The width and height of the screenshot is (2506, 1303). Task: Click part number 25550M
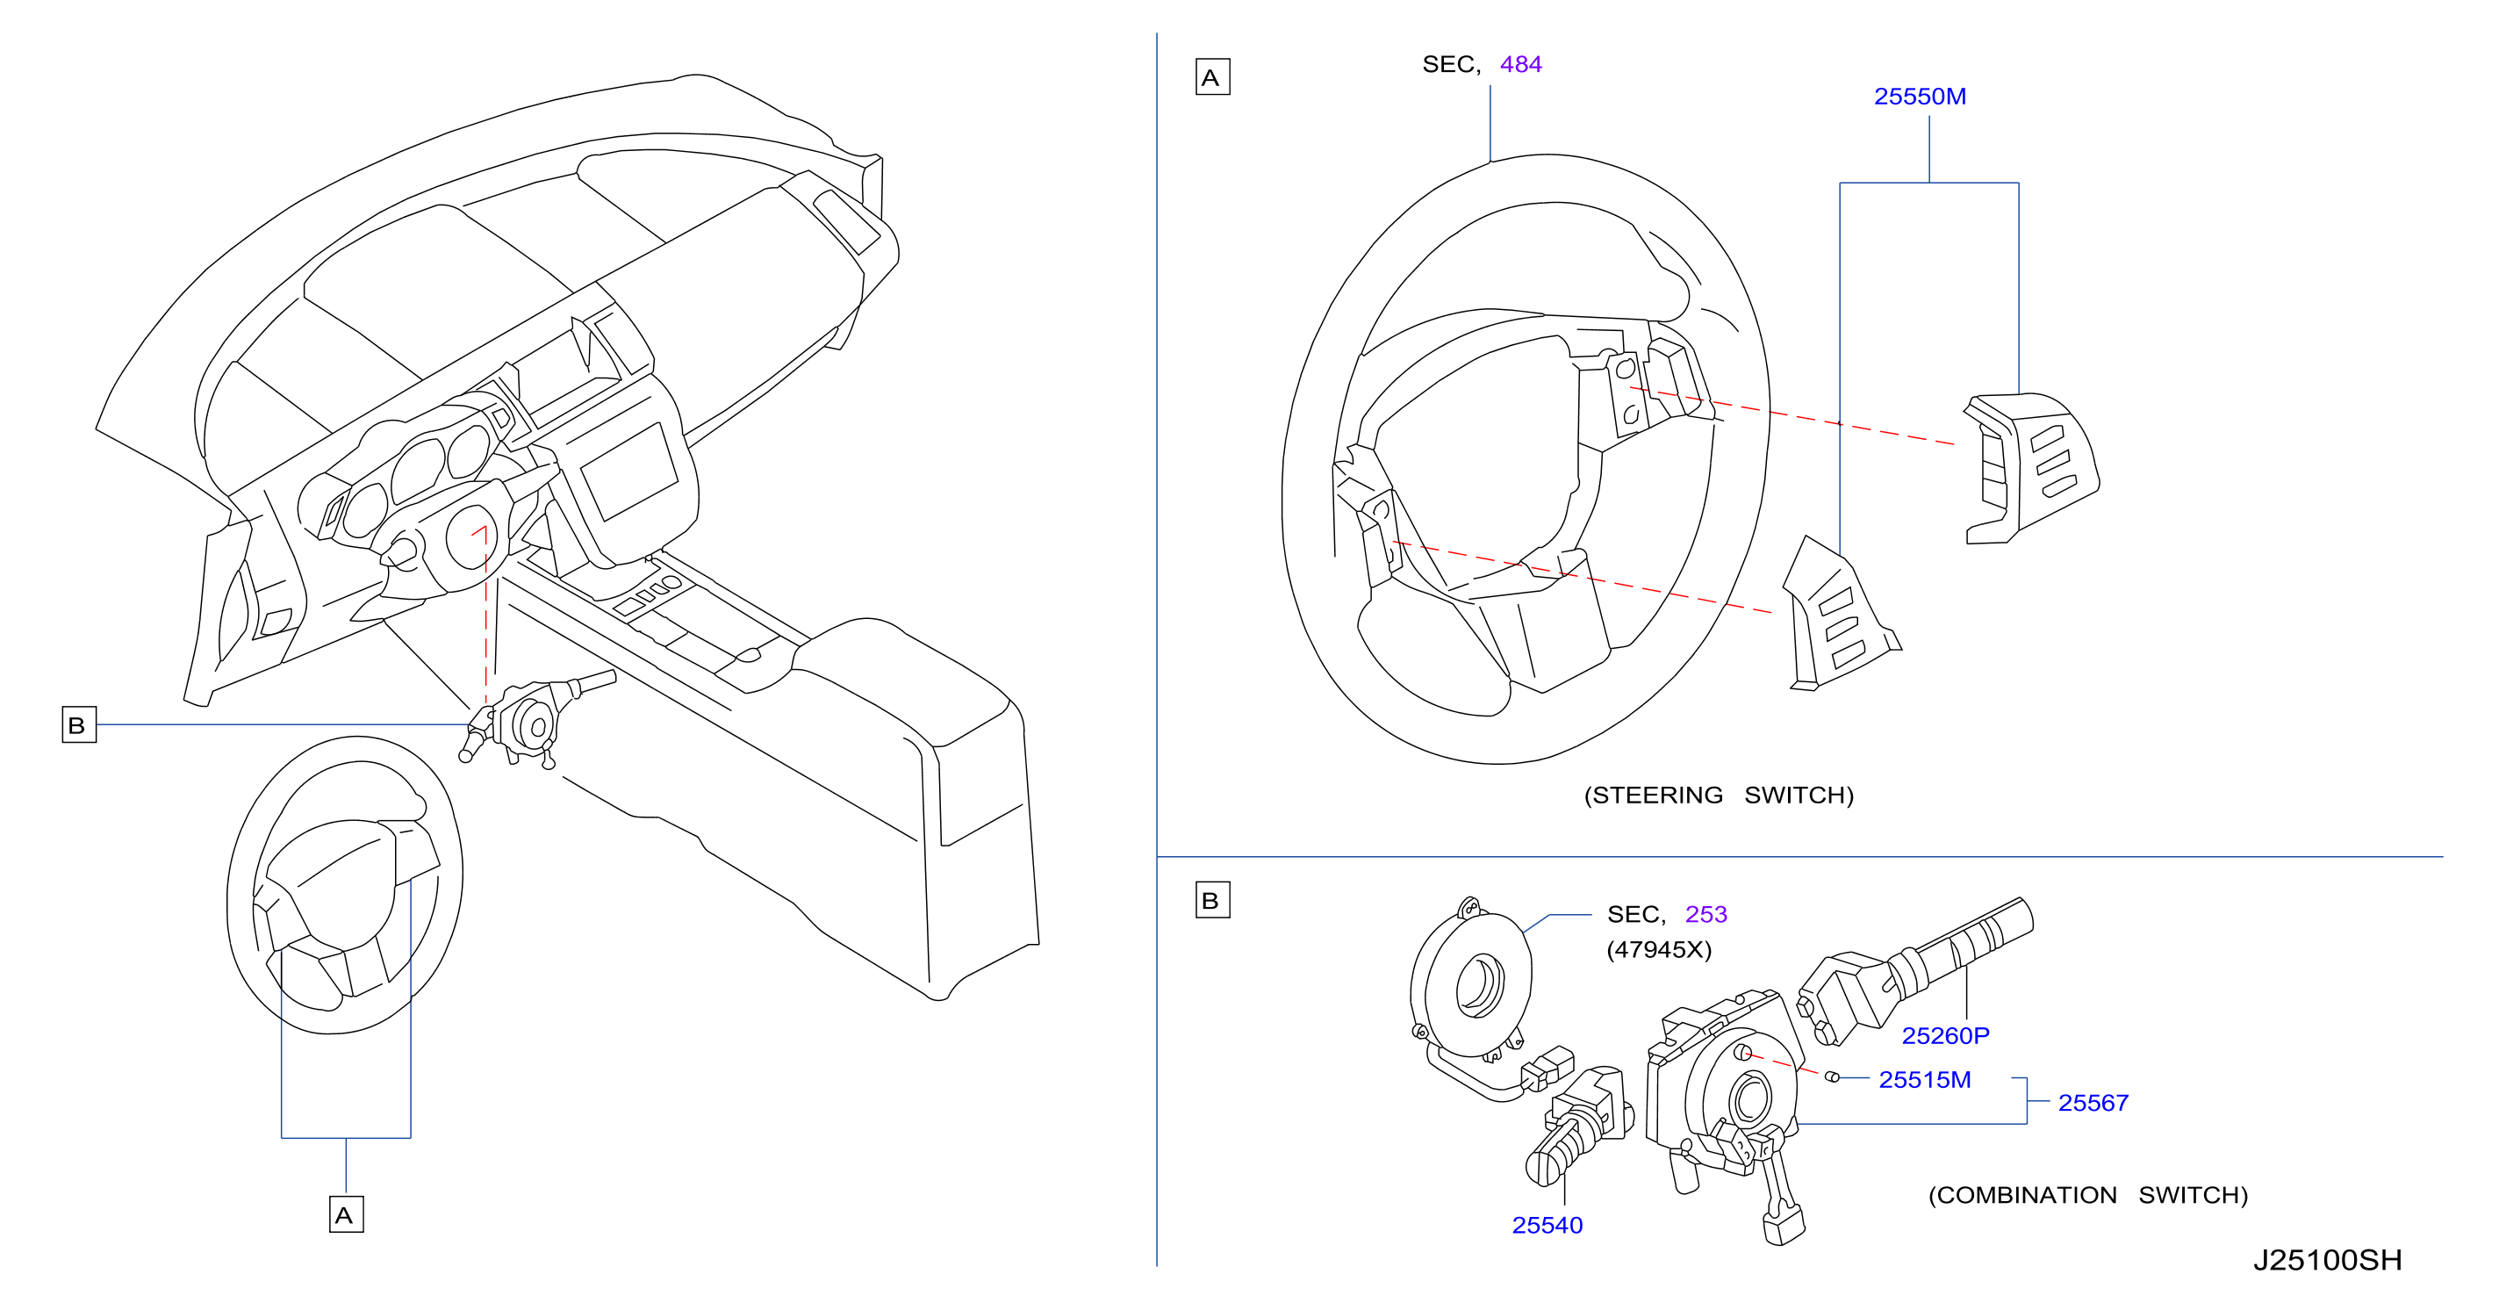click(x=1920, y=97)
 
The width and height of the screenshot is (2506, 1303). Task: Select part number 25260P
click(x=1946, y=1035)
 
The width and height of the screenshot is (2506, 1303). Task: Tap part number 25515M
click(x=1924, y=1079)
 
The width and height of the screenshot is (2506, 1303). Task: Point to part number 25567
click(x=2093, y=1103)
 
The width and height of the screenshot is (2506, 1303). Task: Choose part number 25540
click(x=1547, y=1225)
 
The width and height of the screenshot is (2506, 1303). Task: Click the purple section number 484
click(x=1520, y=64)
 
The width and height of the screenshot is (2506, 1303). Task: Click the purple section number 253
click(x=1706, y=914)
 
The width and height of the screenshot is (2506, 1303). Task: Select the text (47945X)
click(x=1659, y=949)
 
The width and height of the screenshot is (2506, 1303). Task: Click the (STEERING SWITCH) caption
click(x=1719, y=795)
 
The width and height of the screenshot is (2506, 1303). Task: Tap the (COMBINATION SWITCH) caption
click(x=2087, y=1195)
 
